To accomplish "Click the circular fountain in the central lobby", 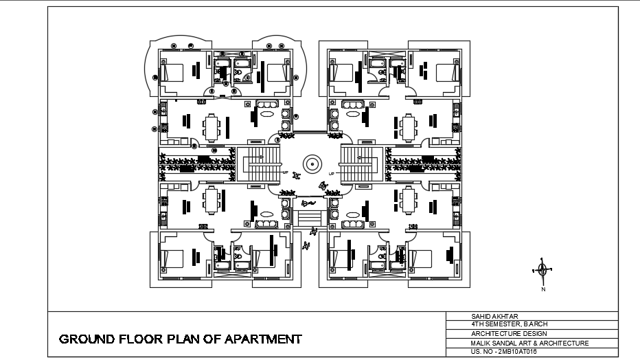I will [x=311, y=164].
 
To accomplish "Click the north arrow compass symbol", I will [x=542, y=269].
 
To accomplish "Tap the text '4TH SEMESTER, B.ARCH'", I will [x=509, y=324].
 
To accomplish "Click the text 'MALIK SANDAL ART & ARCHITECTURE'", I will [x=529, y=342].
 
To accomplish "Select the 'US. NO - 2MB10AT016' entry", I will [x=503, y=351].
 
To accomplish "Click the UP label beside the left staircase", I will [x=284, y=172].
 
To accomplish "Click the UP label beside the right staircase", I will [x=332, y=172].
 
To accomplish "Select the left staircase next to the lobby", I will [x=261, y=164].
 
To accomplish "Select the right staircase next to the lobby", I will [x=360, y=164].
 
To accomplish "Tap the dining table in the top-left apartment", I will [x=212, y=126].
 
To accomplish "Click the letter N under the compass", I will [x=542, y=289].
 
